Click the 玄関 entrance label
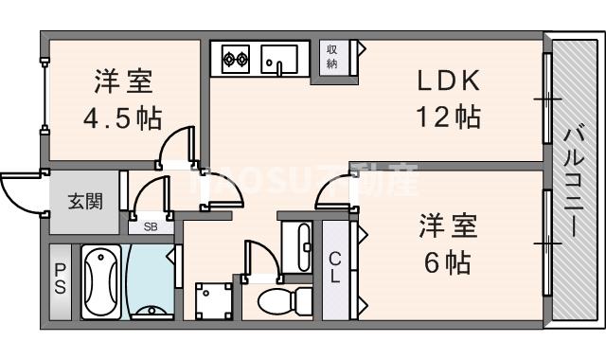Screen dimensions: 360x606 [85, 202]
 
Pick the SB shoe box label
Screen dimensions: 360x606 [151, 226]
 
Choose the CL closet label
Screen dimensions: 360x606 [336, 266]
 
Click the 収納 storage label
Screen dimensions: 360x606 [332, 56]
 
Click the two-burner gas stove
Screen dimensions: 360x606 [236, 62]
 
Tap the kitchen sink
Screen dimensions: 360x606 [279, 60]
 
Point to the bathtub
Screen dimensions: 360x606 [101, 281]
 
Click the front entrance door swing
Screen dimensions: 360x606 [21, 194]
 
